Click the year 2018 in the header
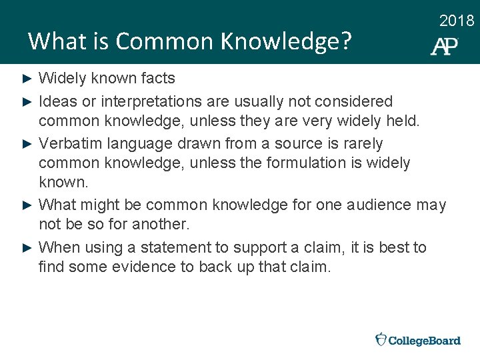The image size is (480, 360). [457, 21]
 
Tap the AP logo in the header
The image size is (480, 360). [445, 45]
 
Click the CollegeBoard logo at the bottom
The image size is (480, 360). [418, 340]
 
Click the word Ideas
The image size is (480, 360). [55, 101]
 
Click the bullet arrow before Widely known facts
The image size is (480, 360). [27, 79]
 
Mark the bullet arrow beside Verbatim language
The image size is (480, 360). [27, 144]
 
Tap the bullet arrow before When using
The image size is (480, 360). [27, 248]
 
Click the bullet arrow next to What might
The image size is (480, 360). [27, 205]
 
